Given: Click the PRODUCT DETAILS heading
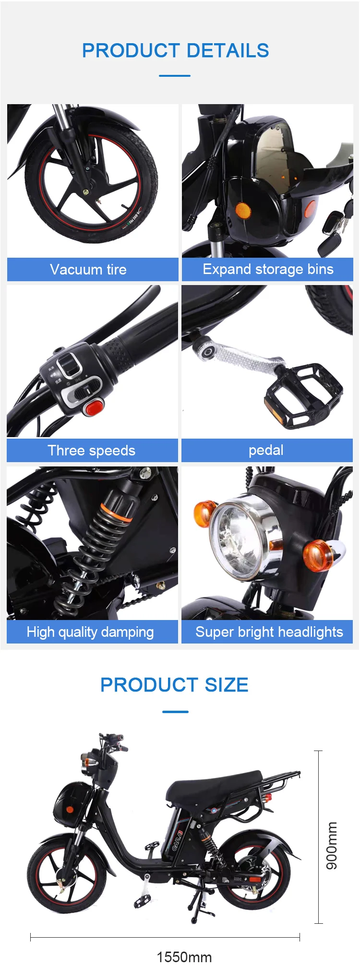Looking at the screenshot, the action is coord(175,50).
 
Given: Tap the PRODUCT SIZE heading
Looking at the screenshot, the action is coord(174,685).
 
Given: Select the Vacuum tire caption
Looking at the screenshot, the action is coord(88,269).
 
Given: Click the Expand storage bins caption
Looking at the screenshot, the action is coord(268,269).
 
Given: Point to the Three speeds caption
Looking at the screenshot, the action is coord(92,451).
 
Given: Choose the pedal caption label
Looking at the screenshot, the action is coord(266,451).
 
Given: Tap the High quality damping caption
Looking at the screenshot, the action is coord(90,632).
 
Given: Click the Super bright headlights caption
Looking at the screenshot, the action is coord(269,632).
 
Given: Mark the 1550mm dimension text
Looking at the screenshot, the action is coord(184,957).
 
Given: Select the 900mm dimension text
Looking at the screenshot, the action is coord(332,846).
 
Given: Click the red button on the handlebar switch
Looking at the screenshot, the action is coord(94,407).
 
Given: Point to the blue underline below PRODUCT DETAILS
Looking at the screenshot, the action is coord(175,75).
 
